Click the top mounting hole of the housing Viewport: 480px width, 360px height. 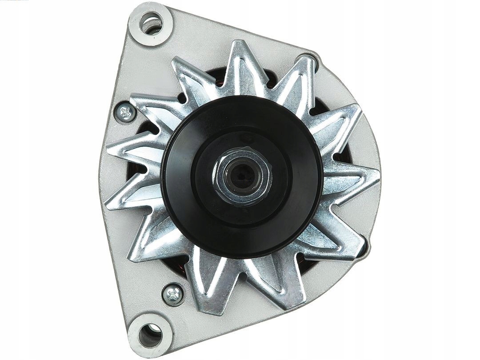point(151,23)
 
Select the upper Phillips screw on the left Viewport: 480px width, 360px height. point(126,112)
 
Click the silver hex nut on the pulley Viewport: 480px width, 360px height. point(242,176)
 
